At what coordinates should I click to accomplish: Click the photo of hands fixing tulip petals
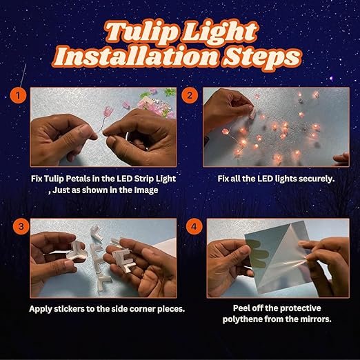[x=103, y=127]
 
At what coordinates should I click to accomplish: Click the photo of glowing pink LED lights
[x=276, y=127]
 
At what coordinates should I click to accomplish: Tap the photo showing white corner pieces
[x=103, y=259]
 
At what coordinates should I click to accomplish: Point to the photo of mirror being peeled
[x=276, y=259]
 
